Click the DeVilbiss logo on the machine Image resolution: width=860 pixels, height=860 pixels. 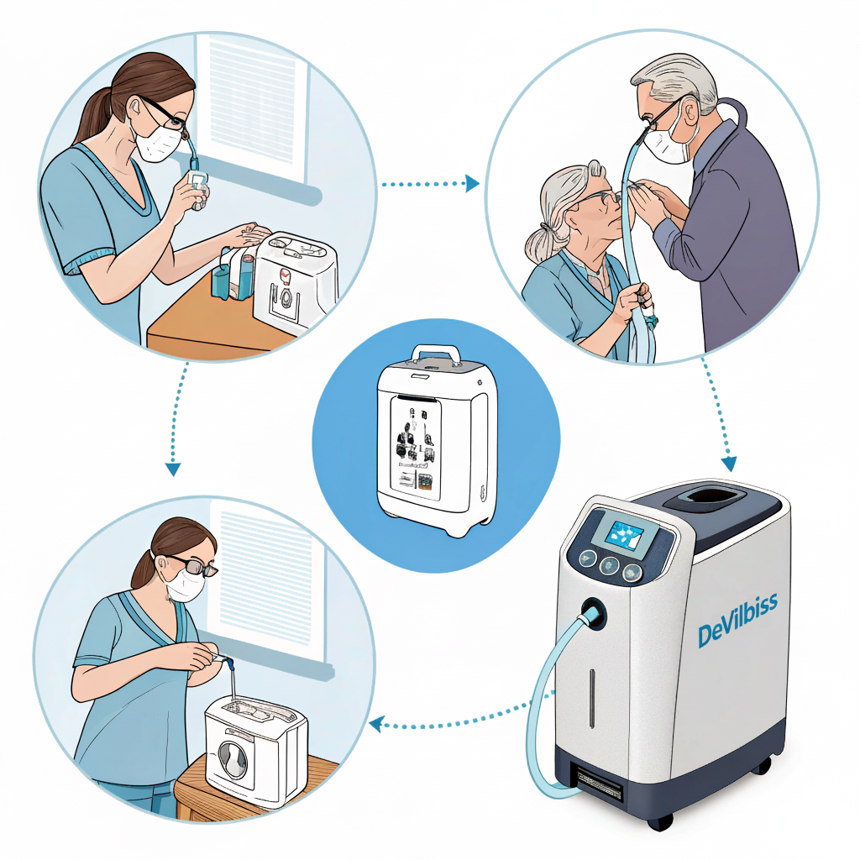[737, 620]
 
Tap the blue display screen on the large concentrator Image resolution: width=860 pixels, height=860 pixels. [625, 535]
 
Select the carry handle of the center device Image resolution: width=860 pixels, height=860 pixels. [437, 354]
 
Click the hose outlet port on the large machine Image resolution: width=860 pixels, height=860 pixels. [594, 612]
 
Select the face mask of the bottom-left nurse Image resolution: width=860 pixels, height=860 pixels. [186, 585]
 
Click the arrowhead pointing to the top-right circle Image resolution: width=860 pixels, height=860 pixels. [472, 183]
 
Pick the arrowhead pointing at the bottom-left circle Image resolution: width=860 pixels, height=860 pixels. [375, 725]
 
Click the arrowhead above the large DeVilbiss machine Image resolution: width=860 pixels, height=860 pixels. [729, 464]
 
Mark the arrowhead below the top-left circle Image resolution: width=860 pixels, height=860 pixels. [173, 469]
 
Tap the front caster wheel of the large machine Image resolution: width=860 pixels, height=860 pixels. [660, 821]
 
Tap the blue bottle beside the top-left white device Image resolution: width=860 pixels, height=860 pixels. [221, 280]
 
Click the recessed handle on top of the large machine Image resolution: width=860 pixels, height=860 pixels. [711, 497]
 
